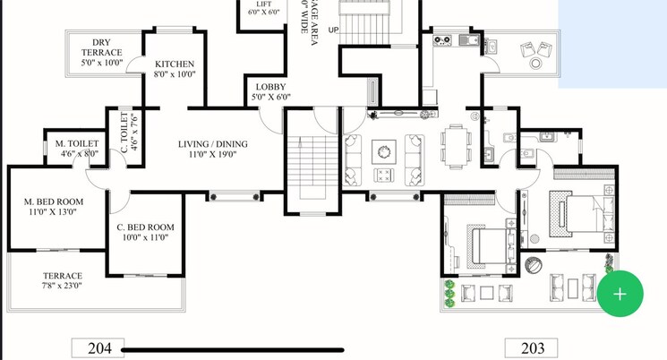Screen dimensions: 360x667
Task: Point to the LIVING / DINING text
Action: click(212, 144)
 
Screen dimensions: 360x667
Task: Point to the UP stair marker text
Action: click(334, 30)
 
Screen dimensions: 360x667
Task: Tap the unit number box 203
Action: click(531, 348)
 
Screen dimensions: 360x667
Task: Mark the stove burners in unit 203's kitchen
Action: click(442, 39)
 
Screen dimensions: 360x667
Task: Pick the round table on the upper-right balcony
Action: click(535, 63)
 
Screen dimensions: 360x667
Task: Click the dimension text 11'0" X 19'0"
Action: click(212, 156)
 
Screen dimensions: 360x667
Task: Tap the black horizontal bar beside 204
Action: click(233, 349)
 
